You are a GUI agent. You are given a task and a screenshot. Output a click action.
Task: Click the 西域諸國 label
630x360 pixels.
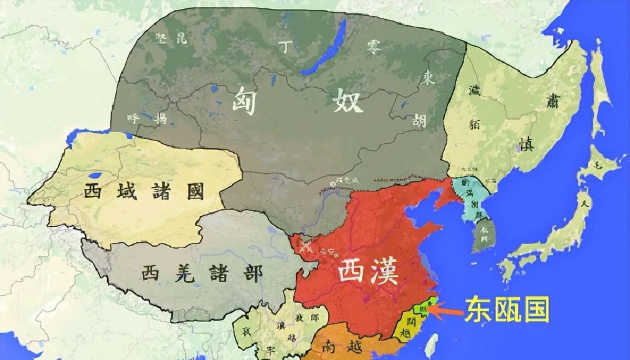(x=143, y=192)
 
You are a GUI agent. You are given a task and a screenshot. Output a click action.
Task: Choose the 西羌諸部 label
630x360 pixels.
(x=201, y=273)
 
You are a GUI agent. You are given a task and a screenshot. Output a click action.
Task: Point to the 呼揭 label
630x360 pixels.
(x=146, y=118)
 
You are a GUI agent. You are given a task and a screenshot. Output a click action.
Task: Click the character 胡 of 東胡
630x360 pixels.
(x=419, y=121)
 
